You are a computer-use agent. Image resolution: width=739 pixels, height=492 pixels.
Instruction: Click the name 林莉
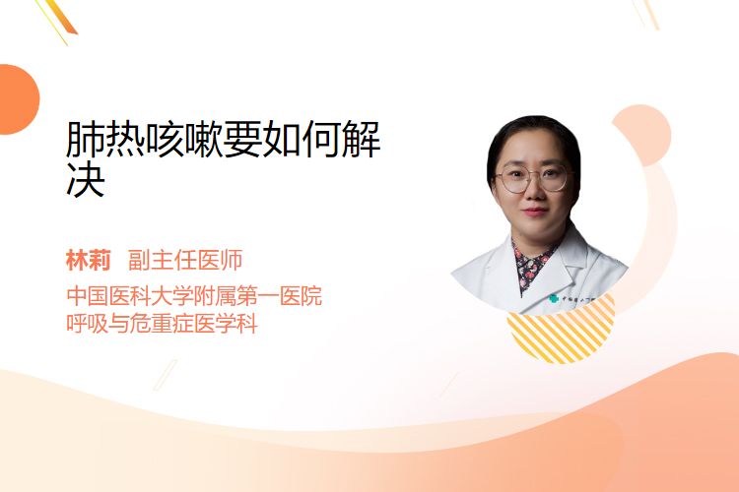point(89,261)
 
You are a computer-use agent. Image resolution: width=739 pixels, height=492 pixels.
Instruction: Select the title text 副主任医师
point(185,261)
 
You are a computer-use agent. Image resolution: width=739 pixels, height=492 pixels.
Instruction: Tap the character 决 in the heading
point(86,179)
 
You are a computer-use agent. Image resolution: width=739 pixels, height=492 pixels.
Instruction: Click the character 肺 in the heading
point(86,139)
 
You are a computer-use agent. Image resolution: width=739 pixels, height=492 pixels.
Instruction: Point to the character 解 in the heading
point(362,139)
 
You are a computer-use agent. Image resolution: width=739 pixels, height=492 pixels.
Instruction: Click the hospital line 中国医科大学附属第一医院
point(194,296)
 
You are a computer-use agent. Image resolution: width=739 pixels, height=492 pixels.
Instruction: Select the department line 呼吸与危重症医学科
point(163,324)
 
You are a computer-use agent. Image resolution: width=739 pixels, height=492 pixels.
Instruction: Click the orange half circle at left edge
point(18,99)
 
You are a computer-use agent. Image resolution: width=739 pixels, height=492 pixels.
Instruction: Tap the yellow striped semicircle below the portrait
point(562,335)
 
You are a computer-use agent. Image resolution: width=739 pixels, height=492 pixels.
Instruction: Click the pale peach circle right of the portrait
point(641,135)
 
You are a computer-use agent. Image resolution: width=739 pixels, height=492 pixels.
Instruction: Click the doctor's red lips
point(535,212)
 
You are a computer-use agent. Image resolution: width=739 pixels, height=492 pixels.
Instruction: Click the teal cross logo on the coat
point(554,298)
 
